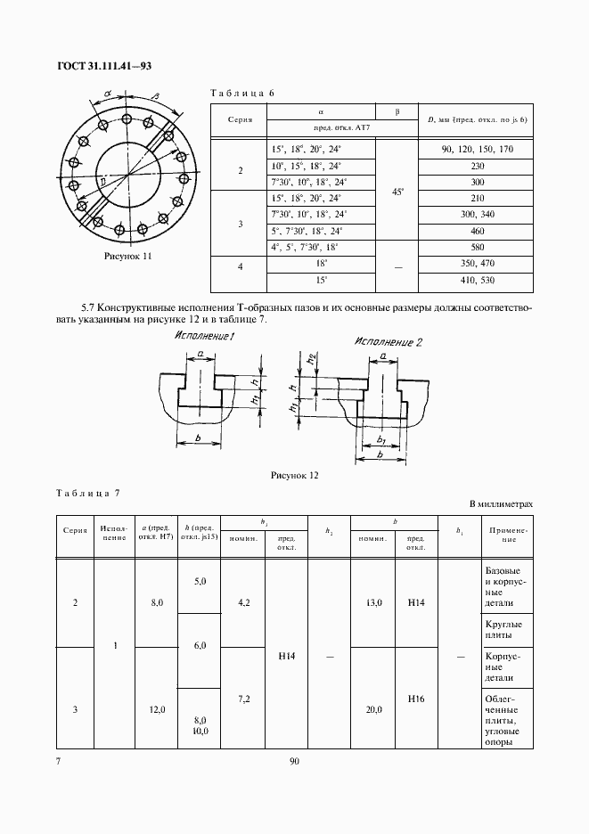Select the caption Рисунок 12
click(295, 475)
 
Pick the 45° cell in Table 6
click(398, 190)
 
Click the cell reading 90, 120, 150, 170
click(477, 149)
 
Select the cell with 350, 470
click(477, 265)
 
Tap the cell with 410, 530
click(477, 282)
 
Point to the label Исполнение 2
click(389, 341)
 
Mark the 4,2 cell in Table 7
click(243, 603)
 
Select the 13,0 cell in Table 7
click(373, 603)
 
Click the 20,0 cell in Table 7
click(373, 710)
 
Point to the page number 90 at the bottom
click(294, 761)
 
